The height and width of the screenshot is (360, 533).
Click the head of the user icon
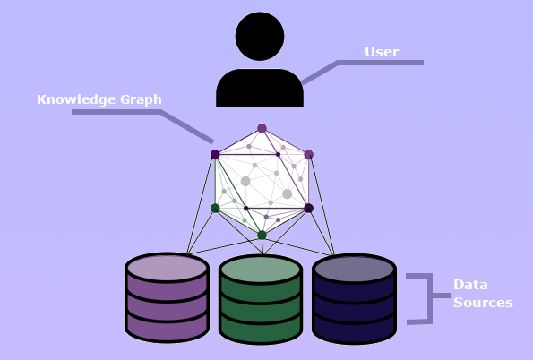(260, 37)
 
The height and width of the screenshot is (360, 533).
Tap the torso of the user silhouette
(260, 88)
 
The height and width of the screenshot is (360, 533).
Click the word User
(382, 52)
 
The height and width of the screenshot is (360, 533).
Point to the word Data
(470, 285)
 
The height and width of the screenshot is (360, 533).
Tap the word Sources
(483, 302)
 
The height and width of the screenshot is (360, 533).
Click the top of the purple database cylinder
(167, 268)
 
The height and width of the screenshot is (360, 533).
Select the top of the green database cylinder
(261, 270)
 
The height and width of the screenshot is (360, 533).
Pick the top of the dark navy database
(354, 269)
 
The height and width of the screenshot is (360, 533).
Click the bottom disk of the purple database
(167, 327)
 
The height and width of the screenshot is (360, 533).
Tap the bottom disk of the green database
(261, 329)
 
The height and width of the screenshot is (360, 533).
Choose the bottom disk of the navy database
(354, 329)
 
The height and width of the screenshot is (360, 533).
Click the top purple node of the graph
(262, 128)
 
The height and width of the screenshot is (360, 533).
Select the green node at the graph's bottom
(262, 235)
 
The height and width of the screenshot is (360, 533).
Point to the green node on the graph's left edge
(215, 208)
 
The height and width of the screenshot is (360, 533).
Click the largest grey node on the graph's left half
(245, 181)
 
